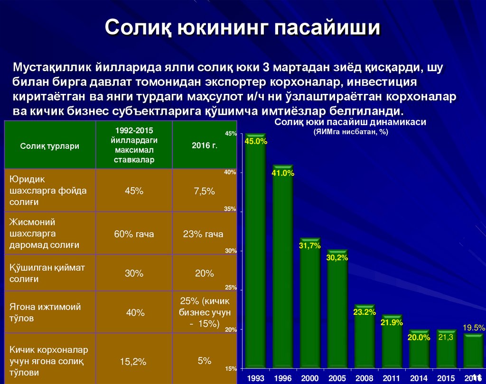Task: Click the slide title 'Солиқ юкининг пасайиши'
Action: point(243,27)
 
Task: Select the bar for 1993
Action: point(256,256)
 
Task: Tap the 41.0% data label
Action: point(283,174)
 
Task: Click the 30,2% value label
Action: point(337,257)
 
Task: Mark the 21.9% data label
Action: point(392,322)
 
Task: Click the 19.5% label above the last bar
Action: point(473,328)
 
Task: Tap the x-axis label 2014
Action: point(419,378)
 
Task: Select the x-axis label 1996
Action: point(283,378)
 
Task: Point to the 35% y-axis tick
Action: point(230,209)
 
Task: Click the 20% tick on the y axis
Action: point(230,329)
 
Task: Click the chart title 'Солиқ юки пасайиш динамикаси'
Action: point(350,122)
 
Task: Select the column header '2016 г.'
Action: point(205,146)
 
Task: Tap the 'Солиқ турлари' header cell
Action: point(49,146)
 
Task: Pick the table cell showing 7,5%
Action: point(205,191)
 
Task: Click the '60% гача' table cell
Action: point(134,234)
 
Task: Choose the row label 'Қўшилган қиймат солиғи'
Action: point(47,274)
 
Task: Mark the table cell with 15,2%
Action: point(133,362)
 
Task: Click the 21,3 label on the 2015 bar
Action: point(446,337)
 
